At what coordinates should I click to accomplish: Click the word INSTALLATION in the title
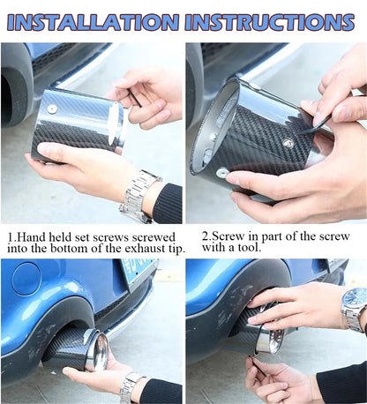[x=93, y=22]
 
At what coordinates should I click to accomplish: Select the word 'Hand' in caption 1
[x=32, y=237]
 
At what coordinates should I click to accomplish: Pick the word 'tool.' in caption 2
[x=250, y=247]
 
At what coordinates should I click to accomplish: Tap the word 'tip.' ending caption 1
[x=176, y=250]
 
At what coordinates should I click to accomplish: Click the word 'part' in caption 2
[x=273, y=237]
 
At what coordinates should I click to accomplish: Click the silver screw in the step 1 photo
[x=52, y=108]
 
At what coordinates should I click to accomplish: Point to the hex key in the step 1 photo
[x=135, y=99]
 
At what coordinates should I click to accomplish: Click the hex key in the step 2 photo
[x=314, y=124]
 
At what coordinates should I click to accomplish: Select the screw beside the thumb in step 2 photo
[x=221, y=172]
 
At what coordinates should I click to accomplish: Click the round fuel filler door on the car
[x=26, y=279]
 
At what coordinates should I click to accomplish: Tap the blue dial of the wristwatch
[x=356, y=297]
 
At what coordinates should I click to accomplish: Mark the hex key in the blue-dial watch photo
[x=258, y=366]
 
